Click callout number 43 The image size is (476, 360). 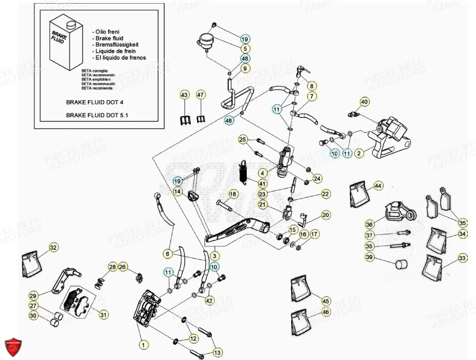(x=185, y=95)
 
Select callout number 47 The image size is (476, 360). (x=200, y=95)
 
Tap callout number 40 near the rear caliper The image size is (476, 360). (x=364, y=102)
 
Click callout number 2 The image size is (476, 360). (x=360, y=153)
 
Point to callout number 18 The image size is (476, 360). (x=232, y=194)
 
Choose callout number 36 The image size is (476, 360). (x=369, y=225)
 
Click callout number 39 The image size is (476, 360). (x=369, y=257)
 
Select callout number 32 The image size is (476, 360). (x=53, y=248)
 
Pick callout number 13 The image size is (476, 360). (x=217, y=353)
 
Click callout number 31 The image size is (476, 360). (x=103, y=315)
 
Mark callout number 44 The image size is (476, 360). (x=378, y=185)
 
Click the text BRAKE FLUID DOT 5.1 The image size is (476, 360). (x=97, y=115)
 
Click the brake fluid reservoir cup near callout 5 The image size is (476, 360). (x=206, y=41)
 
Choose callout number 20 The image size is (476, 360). (x=325, y=215)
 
